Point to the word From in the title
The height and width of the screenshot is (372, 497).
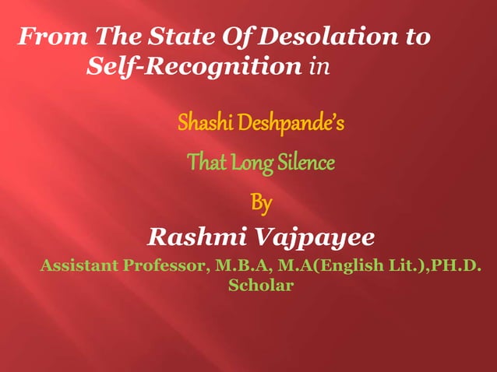point(52,37)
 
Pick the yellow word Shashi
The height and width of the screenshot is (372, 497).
point(201,123)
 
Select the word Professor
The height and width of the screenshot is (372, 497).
point(163,266)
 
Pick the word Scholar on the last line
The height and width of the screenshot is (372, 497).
point(260,286)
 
